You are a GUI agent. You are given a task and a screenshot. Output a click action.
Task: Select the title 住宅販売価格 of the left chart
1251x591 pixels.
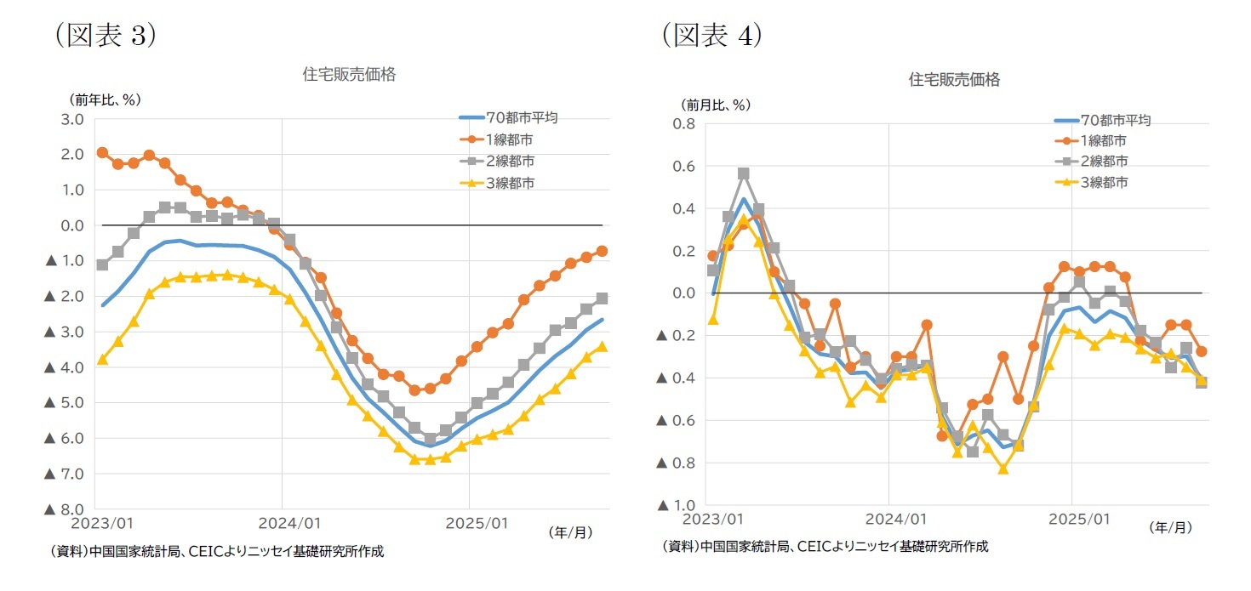tap(349, 74)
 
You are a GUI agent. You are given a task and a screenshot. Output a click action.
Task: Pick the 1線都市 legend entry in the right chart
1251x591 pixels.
tap(1103, 141)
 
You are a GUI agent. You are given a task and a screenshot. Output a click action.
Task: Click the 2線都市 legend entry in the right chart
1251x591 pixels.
tap(1103, 162)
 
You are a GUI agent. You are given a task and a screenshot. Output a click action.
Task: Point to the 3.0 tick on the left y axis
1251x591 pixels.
tap(72, 119)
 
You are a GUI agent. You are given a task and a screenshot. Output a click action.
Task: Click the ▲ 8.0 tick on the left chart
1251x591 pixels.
tap(64, 509)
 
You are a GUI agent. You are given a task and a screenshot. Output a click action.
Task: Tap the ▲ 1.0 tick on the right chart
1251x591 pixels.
tap(677, 505)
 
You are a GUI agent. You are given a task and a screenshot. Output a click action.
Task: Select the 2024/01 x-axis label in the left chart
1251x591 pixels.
tap(283, 520)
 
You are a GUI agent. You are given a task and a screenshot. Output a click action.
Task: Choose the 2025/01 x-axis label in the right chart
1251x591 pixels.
tap(1071, 518)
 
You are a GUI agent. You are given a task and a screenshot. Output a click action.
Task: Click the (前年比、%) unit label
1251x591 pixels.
tap(104, 99)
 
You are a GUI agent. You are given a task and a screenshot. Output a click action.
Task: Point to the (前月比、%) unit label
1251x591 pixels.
tap(714, 105)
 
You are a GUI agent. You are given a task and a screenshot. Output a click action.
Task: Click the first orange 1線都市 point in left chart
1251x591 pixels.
tap(102, 152)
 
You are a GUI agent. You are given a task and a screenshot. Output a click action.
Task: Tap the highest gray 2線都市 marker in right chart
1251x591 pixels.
tap(744, 173)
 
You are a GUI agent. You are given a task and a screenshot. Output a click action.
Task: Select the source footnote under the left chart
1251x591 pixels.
tap(216, 551)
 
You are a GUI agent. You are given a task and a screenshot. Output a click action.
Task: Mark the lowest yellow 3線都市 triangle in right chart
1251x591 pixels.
tap(1003, 469)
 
